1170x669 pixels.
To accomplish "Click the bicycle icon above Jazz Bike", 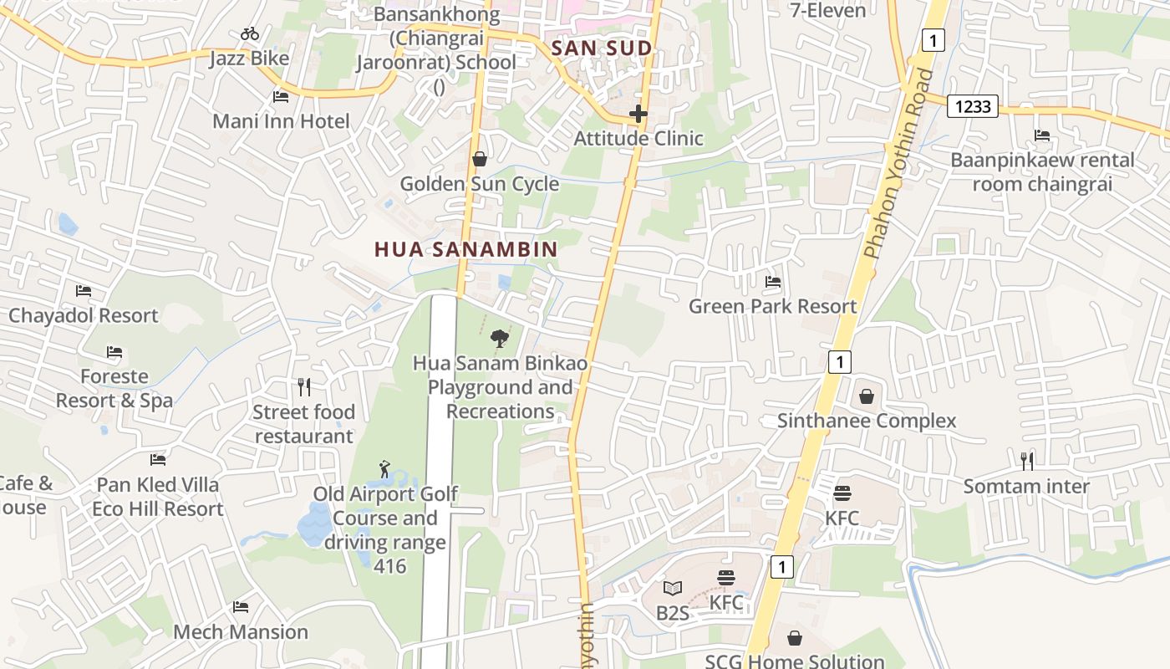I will tap(249, 34).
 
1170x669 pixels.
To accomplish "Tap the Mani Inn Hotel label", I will tap(281, 121).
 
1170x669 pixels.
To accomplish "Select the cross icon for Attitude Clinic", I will tap(638, 114).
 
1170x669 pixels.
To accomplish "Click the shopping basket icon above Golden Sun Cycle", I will tap(480, 159).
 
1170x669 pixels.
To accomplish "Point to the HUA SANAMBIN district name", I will tap(465, 249).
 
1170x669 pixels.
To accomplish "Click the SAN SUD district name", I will tap(602, 49).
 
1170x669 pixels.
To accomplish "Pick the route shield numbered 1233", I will tap(973, 106).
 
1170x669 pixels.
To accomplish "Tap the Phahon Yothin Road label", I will tap(898, 164).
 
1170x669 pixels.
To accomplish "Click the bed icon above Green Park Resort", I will tap(773, 282).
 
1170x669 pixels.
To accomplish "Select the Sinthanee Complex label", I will tap(867, 421).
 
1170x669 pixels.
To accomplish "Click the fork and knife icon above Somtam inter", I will tap(1027, 461).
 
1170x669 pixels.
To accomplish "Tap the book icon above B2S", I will tap(673, 589).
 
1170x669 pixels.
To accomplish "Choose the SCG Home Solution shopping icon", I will tap(795, 639).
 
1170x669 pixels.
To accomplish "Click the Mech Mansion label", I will tap(241, 631).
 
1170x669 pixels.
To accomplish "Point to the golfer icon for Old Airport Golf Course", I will tap(384, 468).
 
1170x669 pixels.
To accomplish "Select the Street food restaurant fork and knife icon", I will tap(304, 387).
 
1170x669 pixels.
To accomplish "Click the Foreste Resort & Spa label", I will tap(114, 388).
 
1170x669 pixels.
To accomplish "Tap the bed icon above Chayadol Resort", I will tap(84, 291).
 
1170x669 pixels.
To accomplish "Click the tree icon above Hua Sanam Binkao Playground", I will tap(500, 339).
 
